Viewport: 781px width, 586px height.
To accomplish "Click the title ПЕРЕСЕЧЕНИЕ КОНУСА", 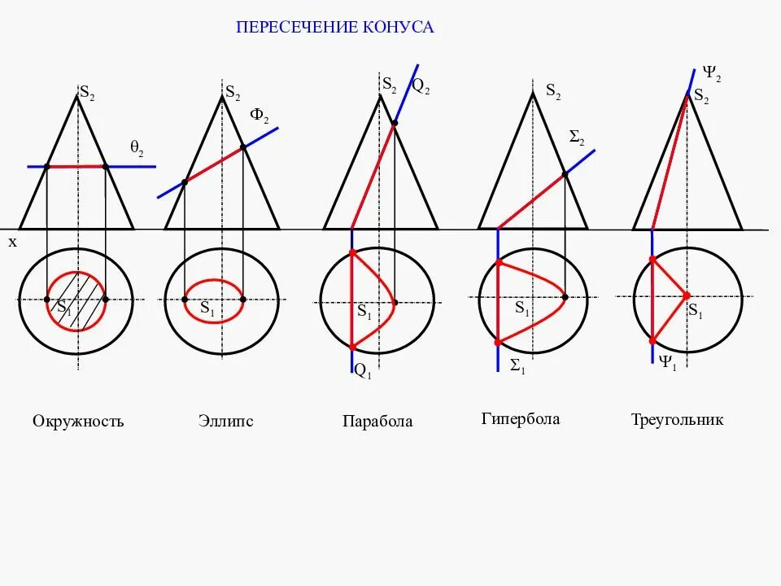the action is pos(335,28).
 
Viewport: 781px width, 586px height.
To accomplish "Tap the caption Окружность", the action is pos(78,422).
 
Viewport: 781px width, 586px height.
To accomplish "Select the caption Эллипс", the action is pos(225,421).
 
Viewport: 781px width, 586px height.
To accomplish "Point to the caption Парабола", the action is pos(377,422).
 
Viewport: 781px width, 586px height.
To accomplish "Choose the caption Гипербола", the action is pos(521,419).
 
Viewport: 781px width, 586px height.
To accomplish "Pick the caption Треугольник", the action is pos(677,420).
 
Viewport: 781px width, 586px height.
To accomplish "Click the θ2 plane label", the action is pos(137,147).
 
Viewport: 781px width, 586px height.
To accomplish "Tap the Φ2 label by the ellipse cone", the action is pos(259,116).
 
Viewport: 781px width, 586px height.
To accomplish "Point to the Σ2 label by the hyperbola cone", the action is pos(577,139).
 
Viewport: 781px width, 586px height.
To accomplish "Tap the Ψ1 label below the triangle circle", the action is pos(667,362).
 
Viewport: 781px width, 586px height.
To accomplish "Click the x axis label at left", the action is pos(12,242).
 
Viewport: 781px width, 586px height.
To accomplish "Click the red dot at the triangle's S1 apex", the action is pos(687,295).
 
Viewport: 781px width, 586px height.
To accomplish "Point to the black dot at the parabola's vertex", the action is pos(395,304).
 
